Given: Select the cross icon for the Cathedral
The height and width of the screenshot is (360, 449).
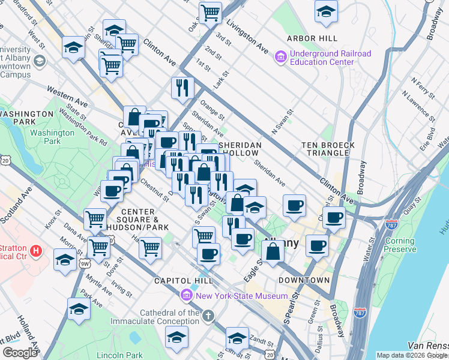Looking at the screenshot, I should click(x=208, y=316).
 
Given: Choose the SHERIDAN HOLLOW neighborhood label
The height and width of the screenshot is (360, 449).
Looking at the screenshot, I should click(x=240, y=149).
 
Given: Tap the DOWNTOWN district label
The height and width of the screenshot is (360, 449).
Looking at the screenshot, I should click(x=304, y=280).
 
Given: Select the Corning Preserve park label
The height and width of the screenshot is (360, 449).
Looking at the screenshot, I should click(x=400, y=246).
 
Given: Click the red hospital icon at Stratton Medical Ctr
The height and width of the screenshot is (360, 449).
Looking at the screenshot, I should click(x=35, y=250).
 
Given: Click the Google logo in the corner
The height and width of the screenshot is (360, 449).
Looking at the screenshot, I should click(x=20, y=353).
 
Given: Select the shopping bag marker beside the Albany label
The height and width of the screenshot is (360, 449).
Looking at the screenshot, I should click(x=273, y=251).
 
